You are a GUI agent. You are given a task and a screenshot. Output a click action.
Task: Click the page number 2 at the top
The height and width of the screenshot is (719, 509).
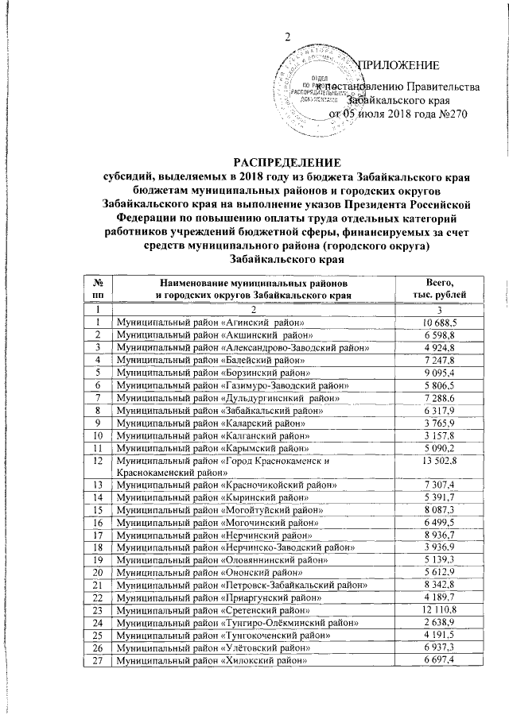[289, 37]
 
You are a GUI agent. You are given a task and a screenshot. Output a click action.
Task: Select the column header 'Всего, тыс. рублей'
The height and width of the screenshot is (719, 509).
[439, 288]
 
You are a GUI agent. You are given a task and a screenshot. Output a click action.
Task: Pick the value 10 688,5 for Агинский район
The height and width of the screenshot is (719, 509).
[439, 323]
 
